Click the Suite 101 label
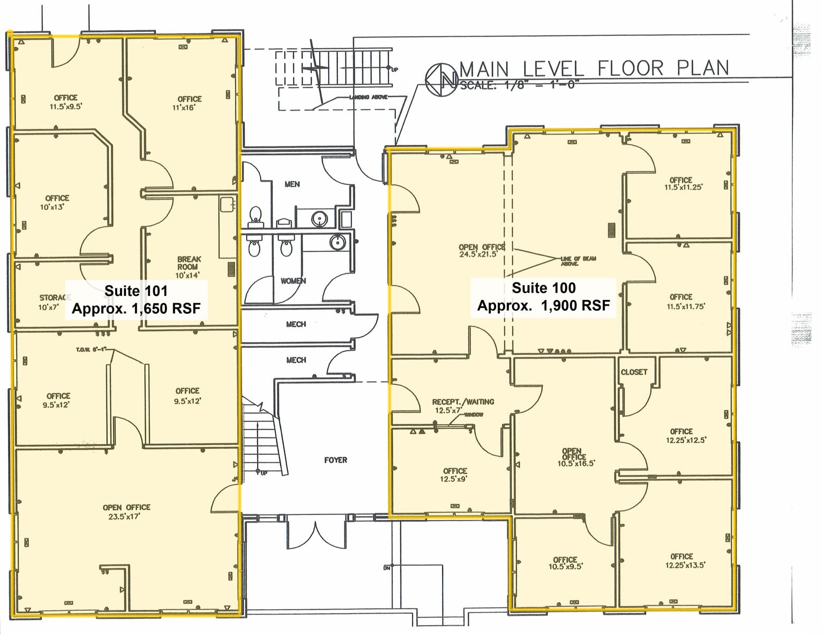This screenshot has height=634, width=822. click(x=136, y=291)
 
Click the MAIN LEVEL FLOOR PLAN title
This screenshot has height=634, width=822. click(x=594, y=69)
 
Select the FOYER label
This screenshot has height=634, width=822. click(x=335, y=460)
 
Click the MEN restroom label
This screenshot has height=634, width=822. click(x=292, y=184)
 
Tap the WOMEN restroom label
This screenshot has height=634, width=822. click(x=293, y=281)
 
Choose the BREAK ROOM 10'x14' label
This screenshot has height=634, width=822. click(x=189, y=267)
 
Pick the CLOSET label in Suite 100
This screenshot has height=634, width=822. click(x=634, y=372)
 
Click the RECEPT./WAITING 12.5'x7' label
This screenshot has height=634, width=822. click(x=463, y=406)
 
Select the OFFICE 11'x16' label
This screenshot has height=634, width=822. click(x=189, y=103)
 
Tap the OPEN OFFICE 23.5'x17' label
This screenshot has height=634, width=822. click(x=126, y=512)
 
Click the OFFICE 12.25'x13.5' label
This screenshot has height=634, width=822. click(x=681, y=561)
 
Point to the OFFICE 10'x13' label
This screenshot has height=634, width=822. click(x=57, y=202)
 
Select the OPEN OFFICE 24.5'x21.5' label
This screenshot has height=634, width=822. click(x=481, y=250)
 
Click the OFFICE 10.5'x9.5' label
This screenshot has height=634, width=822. click(x=565, y=563)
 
